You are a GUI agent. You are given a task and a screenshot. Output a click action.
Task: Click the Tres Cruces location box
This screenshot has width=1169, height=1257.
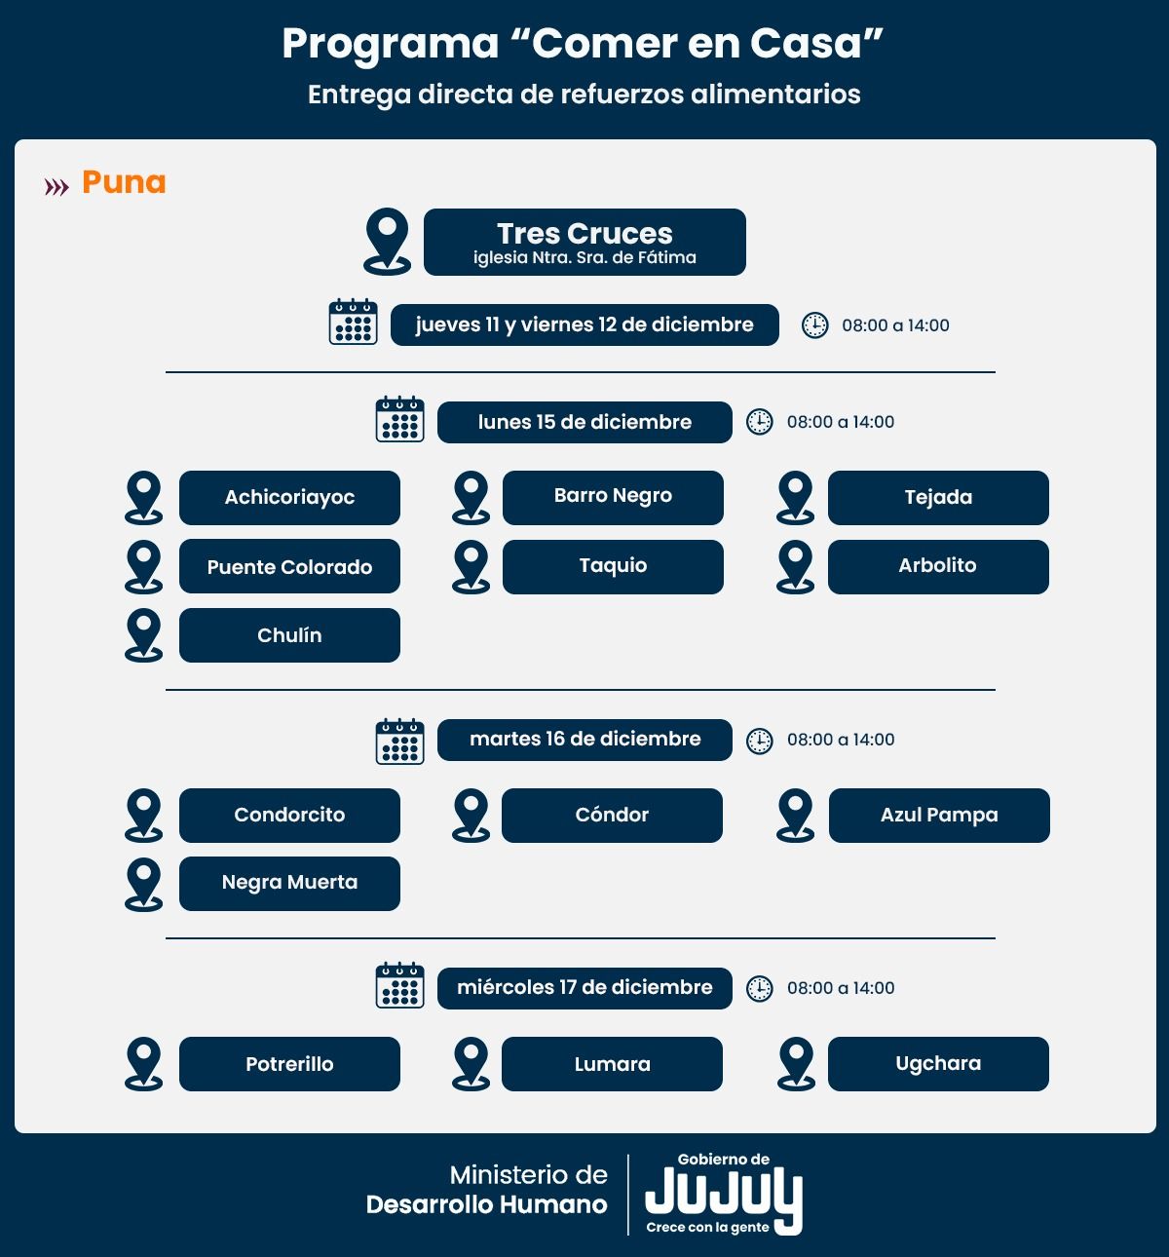pos(584,242)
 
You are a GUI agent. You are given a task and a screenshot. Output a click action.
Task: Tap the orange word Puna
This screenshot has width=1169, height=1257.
pos(124,182)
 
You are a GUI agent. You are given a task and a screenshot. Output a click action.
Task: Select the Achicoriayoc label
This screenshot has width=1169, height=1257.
pos(289,498)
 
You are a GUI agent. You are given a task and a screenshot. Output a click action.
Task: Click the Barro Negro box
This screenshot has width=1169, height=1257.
pos(613,497)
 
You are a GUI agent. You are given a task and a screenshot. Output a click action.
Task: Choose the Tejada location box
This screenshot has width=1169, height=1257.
pos(938,498)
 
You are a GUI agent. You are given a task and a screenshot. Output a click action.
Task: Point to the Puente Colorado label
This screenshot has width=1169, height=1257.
pos(289,567)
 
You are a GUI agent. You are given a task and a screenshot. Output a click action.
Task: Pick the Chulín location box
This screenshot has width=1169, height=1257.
pos(289,635)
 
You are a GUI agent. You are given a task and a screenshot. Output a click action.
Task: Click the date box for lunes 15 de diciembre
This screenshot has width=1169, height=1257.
pos(584,422)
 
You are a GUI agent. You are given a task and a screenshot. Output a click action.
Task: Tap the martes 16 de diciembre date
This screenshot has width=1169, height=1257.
pos(584,740)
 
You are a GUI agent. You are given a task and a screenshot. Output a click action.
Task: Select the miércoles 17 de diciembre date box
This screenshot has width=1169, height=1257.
pos(584,988)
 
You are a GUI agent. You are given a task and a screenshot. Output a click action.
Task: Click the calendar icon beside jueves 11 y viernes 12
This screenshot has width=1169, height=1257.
pos(353,323)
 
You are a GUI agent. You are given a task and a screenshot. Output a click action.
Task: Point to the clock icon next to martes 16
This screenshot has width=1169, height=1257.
pos(759,741)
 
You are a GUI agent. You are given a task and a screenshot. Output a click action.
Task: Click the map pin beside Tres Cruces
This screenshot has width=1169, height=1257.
pos(387,241)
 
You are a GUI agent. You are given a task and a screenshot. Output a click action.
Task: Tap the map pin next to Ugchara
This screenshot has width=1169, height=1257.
pos(796,1063)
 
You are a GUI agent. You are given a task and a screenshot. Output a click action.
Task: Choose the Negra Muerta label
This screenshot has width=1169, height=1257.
pos(289,883)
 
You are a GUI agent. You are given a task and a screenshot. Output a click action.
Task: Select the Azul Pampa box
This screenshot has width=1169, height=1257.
pos(939,816)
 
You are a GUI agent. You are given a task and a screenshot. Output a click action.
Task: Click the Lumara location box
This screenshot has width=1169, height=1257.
pos(612,1064)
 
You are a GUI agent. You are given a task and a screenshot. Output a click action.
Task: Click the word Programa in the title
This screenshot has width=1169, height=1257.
pos(391,44)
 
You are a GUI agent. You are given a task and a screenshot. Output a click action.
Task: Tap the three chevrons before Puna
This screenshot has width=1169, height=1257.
pos(57,186)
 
